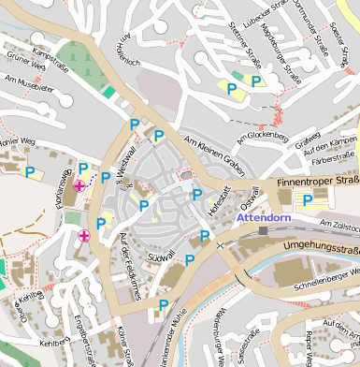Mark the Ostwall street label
(x=249, y=198)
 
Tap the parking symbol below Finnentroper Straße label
(x=307, y=199)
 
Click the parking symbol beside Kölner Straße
(x=164, y=305)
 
